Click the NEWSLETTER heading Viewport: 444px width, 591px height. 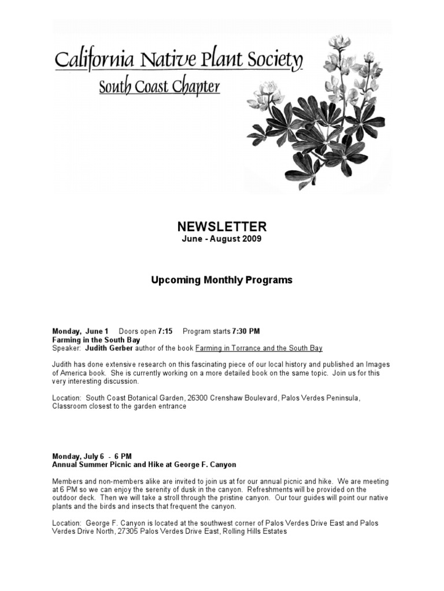222,227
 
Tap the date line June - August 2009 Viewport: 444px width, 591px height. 222,239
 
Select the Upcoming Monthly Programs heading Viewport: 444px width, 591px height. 222,280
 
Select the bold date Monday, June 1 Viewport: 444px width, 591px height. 80,331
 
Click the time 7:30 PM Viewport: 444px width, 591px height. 246,331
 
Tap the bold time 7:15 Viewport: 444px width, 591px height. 165,331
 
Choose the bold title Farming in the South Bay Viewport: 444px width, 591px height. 96,340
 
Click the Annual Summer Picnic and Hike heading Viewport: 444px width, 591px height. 144,465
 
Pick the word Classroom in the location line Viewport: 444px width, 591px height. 71,407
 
